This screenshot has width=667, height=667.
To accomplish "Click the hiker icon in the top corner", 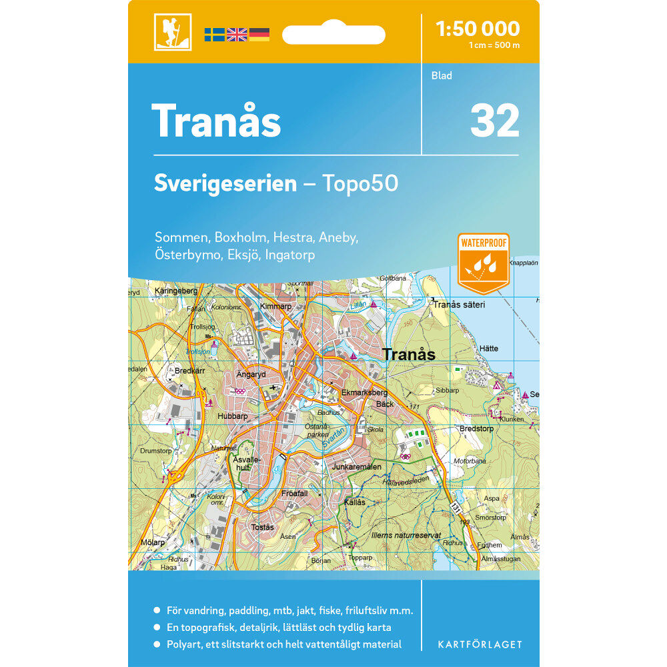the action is [173, 31].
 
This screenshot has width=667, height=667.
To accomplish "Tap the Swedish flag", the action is [214, 34].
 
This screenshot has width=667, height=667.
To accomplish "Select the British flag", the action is [237, 34].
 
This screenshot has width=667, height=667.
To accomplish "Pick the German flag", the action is [259, 34].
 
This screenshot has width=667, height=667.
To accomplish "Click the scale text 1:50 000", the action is [477, 28].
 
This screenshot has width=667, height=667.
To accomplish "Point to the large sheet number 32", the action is [494, 120].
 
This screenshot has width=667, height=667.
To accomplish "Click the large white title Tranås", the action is [217, 121].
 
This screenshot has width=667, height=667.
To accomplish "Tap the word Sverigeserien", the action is [225, 183].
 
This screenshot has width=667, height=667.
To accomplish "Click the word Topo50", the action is [360, 183].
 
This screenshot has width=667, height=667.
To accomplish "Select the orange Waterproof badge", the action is [484, 263].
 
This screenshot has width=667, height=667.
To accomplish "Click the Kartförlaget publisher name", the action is [480, 644].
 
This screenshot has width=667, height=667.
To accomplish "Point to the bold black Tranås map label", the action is [409, 355].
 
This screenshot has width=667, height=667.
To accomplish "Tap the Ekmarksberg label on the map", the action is [364, 393].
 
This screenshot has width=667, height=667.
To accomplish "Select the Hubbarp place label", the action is [232, 416].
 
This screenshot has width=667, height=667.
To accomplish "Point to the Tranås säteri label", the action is [459, 304].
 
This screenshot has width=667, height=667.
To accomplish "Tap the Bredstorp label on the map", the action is [476, 428].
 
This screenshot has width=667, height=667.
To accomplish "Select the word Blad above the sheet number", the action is [442, 75].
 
